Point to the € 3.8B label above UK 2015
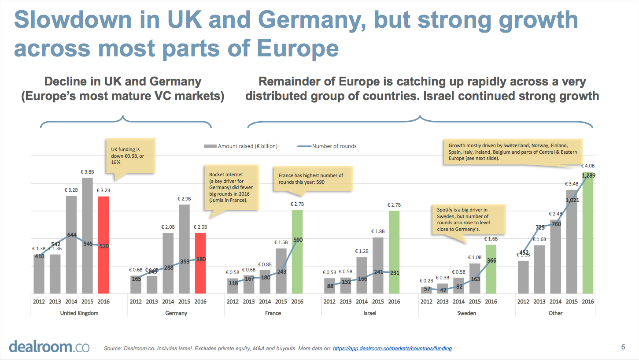pyautogui.click(x=87, y=172)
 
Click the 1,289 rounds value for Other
pyautogui.click(x=589, y=176)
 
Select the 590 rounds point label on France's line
pyautogui.click(x=298, y=240)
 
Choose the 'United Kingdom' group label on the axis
pyautogui.click(x=79, y=313)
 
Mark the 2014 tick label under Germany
pyautogui.click(x=168, y=302)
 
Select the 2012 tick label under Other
pyautogui.click(x=523, y=302)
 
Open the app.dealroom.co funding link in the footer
pyautogui.click(x=392, y=349)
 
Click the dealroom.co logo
pyautogui.click(x=49, y=346)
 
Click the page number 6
pyautogui.click(x=623, y=347)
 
